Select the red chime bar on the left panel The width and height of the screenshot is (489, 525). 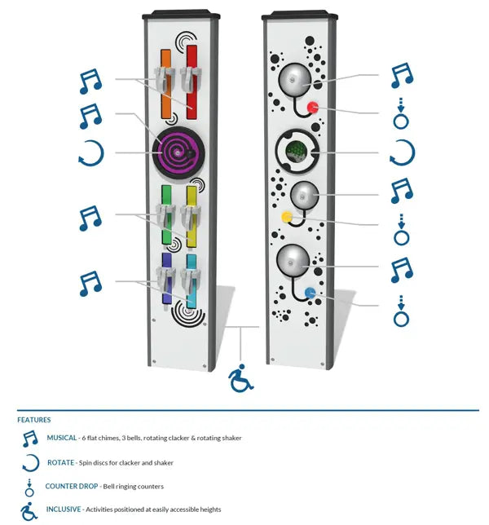click(192, 98)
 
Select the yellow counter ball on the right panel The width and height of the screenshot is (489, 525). click(287, 218)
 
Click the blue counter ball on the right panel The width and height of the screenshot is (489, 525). click(310, 293)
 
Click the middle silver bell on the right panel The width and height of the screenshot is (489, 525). click(304, 196)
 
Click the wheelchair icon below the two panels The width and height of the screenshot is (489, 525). click(240, 379)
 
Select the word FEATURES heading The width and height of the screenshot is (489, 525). click(34, 420)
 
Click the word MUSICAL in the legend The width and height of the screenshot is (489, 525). click(63, 438)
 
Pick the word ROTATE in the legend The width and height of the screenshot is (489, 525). click(60, 462)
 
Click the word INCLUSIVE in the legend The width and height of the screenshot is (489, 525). click(65, 510)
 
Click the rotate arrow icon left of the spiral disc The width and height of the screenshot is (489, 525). click(90, 152)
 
